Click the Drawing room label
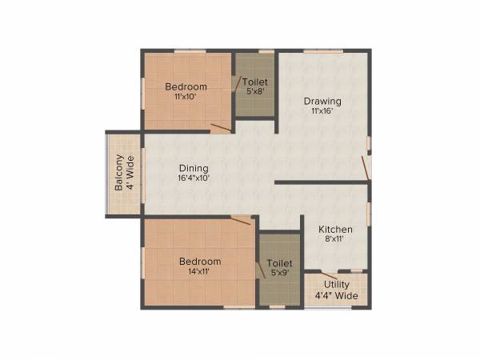click(x=322, y=102)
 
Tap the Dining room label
click(x=194, y=169)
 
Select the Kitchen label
click(x=335, y=230)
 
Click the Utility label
click(x=336, y=285)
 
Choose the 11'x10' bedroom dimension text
click(x=186, y=96)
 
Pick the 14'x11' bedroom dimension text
click(x=200, y=272)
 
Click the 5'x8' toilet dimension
click(x=255, y=91)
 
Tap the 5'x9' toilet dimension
click(x=279, y=273)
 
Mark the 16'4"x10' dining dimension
click(x=194, y=178)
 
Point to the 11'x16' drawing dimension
click(x=322, y=111)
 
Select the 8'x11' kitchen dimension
click(x=335, y=239)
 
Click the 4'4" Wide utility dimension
click(x=336, y=295)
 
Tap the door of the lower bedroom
click(x=241, y=220)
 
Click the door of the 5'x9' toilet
click(x=260, y=269)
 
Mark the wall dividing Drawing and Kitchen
click(x=322, y=183)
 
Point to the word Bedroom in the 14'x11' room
click(x=200, y=262)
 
